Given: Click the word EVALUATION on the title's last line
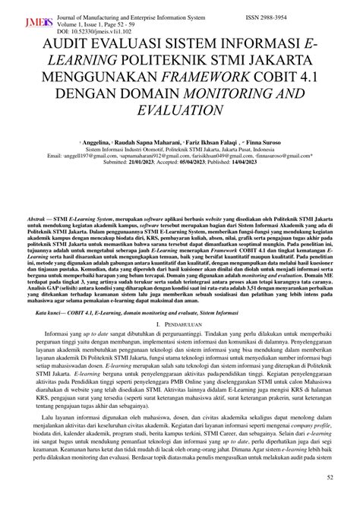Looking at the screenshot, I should click(180, 111).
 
